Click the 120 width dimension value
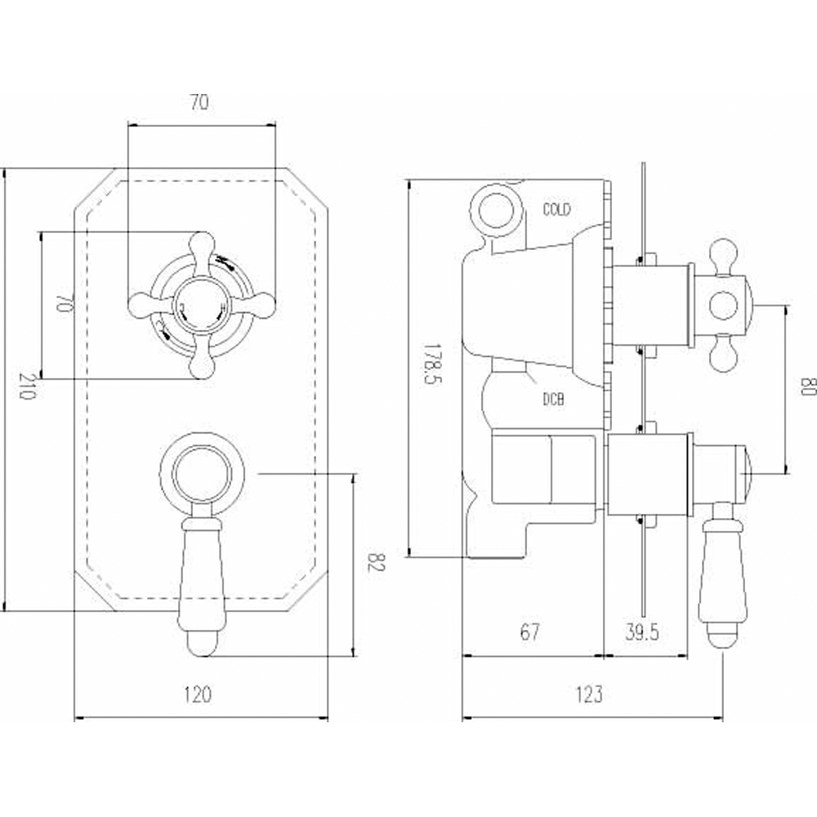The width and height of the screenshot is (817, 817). click(x=198, y=695)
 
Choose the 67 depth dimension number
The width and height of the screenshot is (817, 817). click(x=529, y=632)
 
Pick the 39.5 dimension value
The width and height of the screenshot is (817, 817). click(x=641, y=632)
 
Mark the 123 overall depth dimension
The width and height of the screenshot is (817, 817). click(x=588, y=695)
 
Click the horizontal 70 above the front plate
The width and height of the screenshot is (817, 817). click(x=200, y=104)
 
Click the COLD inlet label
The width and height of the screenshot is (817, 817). click(x=557, y=210)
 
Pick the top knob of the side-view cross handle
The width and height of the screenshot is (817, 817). click(x=722, y=254)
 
